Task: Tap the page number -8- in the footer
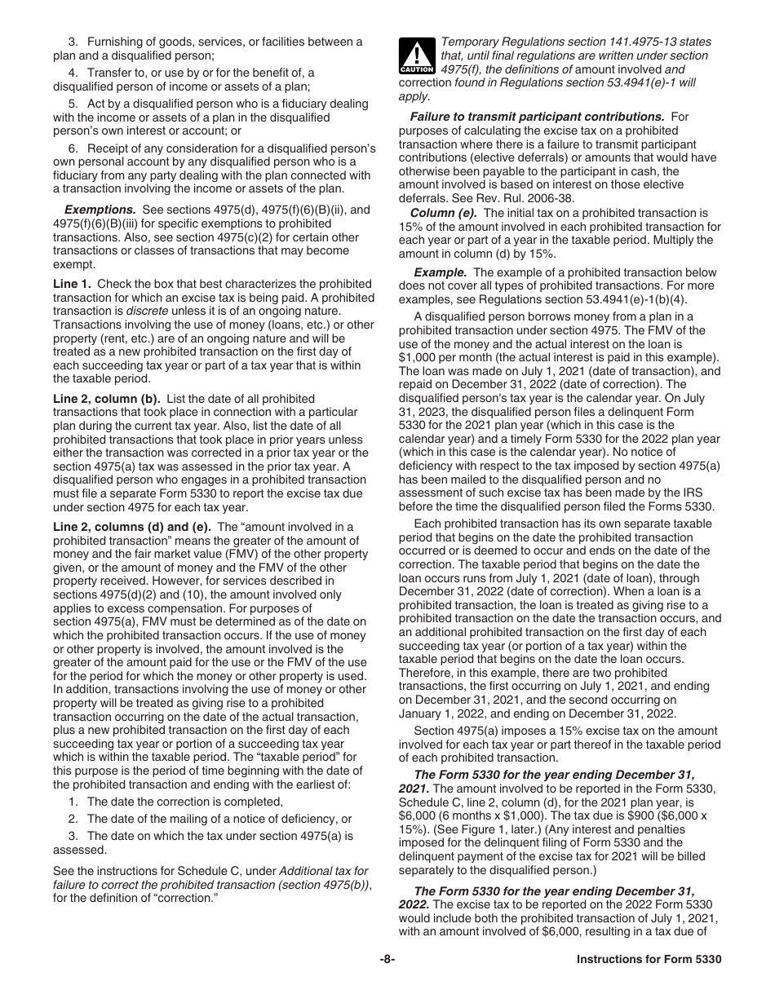pyautogui.click(x=387, y=960)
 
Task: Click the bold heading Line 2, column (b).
pyautogui.click(x=107, y=399)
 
